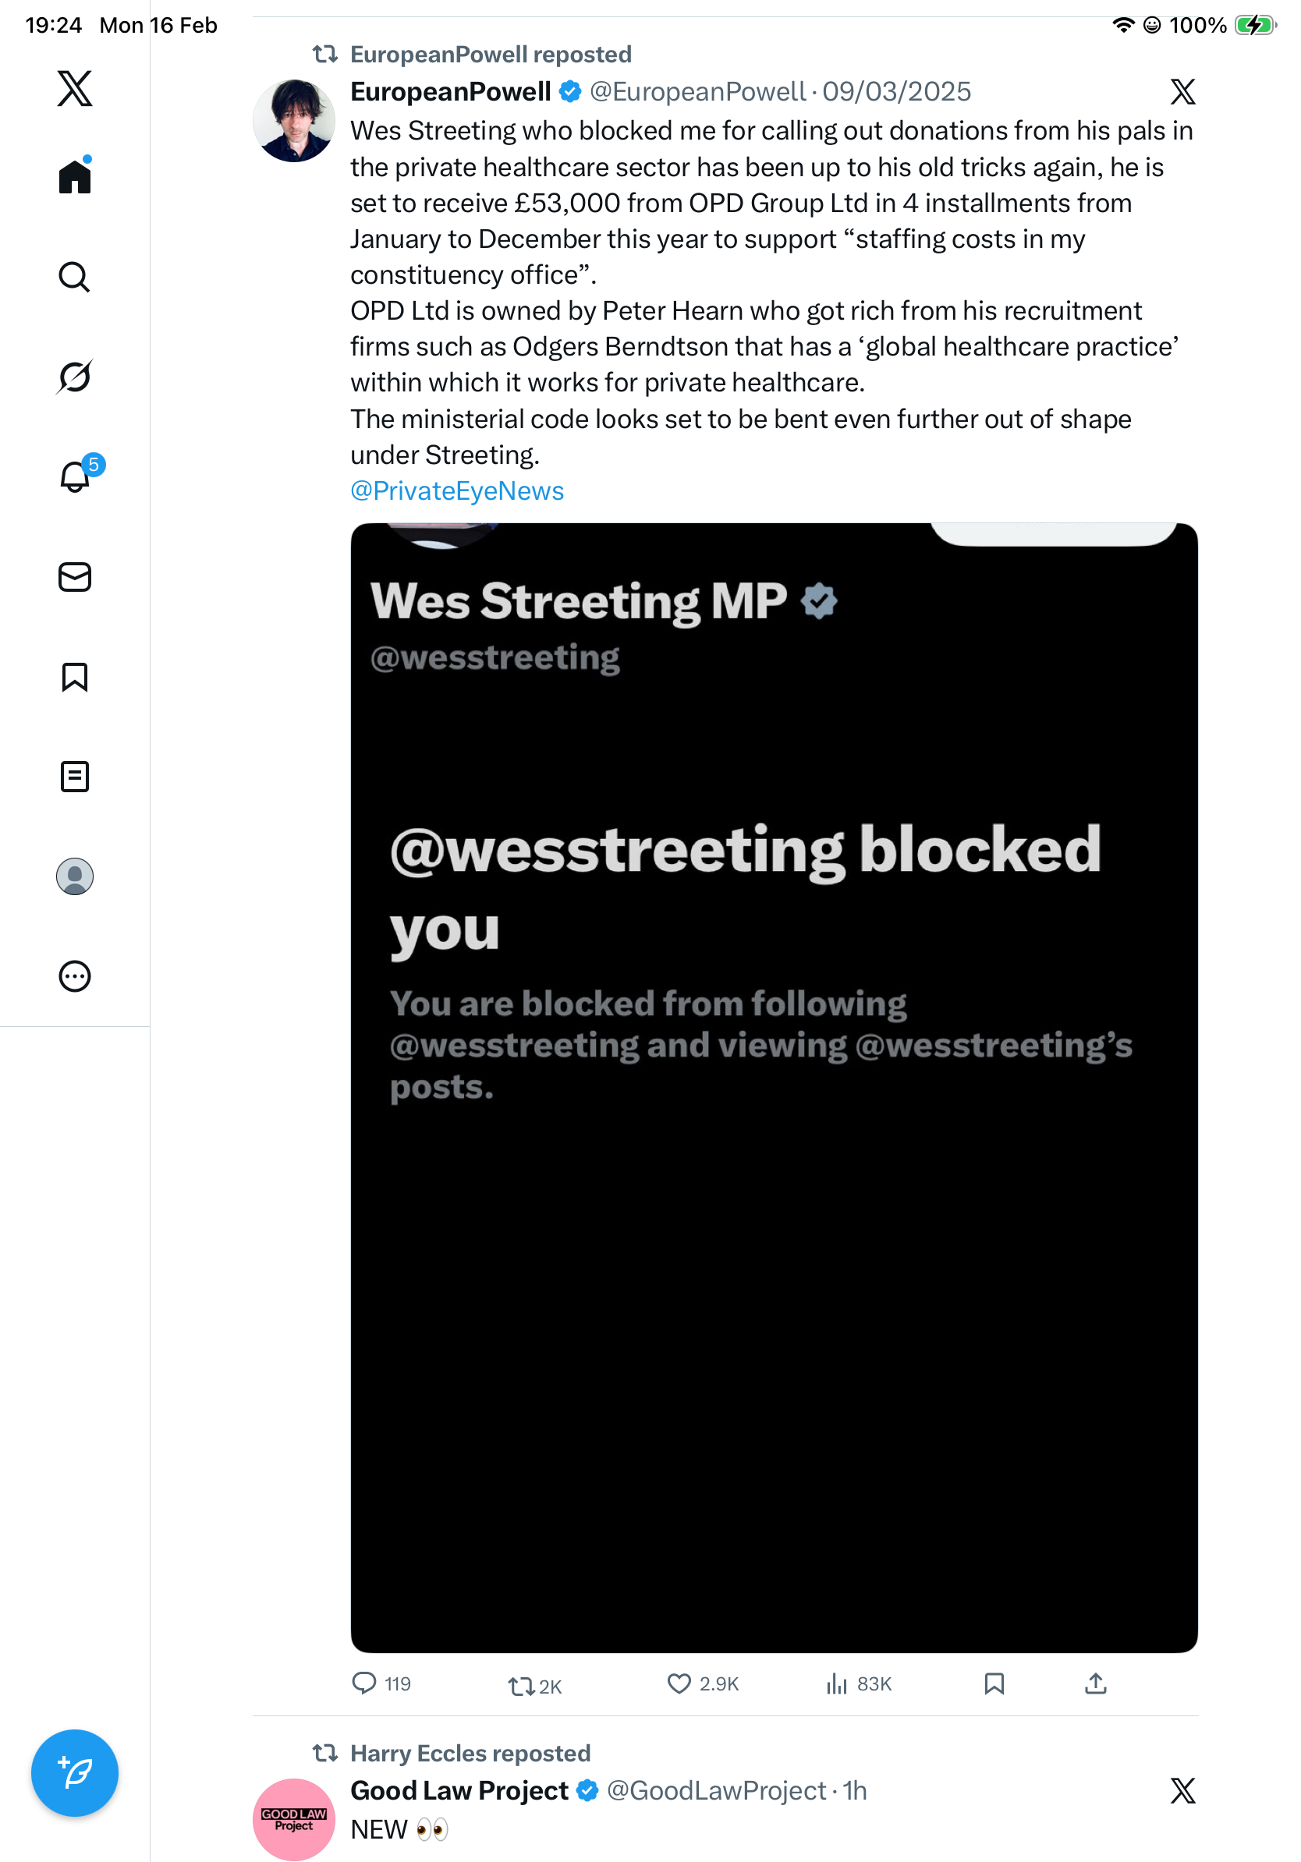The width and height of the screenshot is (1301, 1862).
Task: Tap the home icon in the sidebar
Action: tap(75, 176)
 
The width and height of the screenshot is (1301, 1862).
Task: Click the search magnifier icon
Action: tap(75, 277)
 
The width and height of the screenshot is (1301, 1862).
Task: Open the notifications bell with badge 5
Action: tap(76, 477)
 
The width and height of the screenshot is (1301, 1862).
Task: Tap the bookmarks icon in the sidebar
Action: tap(75, 676)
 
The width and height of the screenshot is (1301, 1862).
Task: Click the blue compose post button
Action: tap(75, 1772)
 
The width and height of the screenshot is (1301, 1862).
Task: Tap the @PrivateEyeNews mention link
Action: tap(456, 490)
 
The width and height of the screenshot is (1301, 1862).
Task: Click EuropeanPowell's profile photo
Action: tap(293, 120)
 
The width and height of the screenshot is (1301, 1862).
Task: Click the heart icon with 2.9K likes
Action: tap(679, 1683)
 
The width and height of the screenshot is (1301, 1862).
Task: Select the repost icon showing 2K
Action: tap(521, 1686)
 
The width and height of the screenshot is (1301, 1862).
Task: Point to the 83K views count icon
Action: tap(836, 1683)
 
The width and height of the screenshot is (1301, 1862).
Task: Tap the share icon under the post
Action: tap(1095, 1683)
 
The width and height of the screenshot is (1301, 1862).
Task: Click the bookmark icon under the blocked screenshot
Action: tap(994, 1683)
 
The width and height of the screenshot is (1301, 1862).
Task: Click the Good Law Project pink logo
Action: tap(293, 1818)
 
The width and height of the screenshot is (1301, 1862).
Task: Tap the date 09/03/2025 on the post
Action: tap(896, 92)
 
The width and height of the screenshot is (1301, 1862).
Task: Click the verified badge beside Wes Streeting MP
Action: tap(819, 601)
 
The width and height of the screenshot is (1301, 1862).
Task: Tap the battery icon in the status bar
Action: tap(1255, 25)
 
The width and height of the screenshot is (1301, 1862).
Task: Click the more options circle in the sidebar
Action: tap(75, 975)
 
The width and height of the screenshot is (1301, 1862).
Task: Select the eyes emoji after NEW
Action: tap(431, 1829)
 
